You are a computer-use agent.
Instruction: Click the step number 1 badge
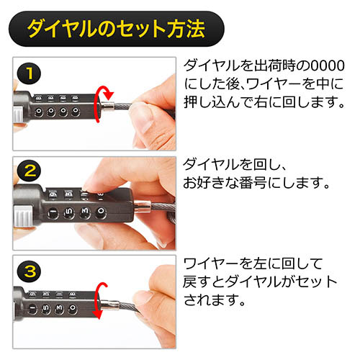click(29, 73)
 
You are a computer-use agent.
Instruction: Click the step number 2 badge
click(29, 171)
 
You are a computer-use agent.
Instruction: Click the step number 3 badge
click(29, 271)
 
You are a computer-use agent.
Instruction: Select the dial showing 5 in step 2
click(69, 212)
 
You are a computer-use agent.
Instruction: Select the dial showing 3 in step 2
click(85, 212)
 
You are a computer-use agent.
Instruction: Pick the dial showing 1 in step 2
click(53, 213)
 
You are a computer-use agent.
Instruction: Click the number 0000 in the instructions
click(328, 66)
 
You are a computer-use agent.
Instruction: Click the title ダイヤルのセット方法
click(116, 29)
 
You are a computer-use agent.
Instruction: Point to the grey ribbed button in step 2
click(23, 215)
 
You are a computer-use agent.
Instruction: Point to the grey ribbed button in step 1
click(18, 115)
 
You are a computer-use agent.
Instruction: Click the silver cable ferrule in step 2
click(143, 207)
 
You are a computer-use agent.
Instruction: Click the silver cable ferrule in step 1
click(108, 105)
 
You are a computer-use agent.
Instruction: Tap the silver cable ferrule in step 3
click(109, 305)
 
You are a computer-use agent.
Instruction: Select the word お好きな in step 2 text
click(210, 183)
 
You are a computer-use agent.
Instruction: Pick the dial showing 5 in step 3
click(45, 309)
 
